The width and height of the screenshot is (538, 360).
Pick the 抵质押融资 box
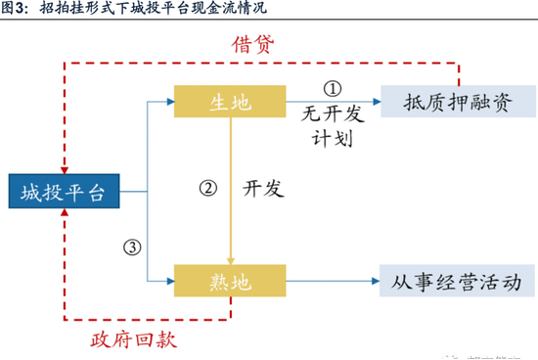point(458,101)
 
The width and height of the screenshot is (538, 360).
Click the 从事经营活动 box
point(458,282)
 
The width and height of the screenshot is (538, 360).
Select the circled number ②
point(206,188)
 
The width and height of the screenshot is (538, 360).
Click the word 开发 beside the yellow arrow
point(263,189)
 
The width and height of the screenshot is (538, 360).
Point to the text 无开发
point(333,113)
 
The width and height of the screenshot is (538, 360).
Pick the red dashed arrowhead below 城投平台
point(64,216)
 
